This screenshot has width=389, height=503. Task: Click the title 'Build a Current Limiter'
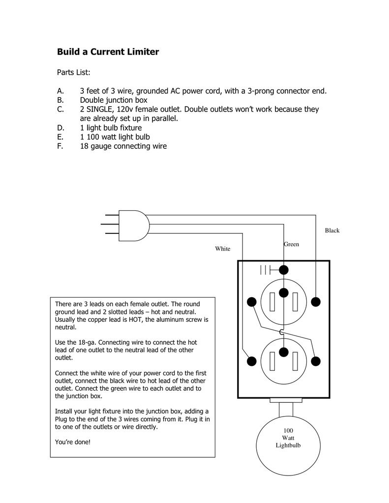(x=108, y=52)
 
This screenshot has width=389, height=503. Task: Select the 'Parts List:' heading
(x=73, y=72)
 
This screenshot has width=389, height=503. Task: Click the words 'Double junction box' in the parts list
(x=114, y=100)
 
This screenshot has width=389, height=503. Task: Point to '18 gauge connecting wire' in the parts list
(x=123, y=146)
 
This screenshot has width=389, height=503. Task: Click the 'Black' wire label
(x=332, y=230)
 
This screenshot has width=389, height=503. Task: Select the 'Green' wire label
(x=291, y=244)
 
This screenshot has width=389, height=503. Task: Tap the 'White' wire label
(x=222, y=249)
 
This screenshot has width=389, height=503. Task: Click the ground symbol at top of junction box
(x=266, y=270)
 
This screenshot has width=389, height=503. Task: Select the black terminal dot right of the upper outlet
(x=316, y=301)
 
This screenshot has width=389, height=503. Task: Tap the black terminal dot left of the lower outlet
(x=252, y=361)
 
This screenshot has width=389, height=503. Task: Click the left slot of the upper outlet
(x=272, y=301)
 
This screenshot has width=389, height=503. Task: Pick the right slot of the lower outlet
(x=296, y=361)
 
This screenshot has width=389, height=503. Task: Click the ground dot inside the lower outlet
(x=283, y=352)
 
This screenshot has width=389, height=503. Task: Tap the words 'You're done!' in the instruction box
(x=73, y=442)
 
